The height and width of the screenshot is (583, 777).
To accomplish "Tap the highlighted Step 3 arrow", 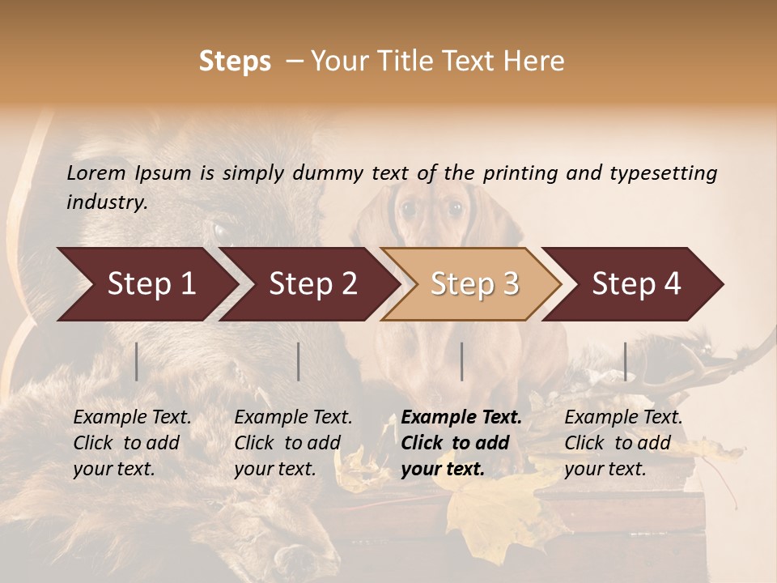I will click(x=474, y=284).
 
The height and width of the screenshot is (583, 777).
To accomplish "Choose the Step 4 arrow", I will click(x=636, y=284).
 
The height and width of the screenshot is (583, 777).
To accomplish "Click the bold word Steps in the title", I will click(x=235, y=62).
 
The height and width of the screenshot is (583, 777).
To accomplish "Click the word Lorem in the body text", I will click(x=96, y=172).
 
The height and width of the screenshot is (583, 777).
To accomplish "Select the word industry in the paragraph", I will click(x=106, y=202).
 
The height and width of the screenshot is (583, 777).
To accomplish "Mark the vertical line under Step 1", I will click(x=137, y=361).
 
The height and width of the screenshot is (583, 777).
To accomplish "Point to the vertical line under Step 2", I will click(x=299, y=361).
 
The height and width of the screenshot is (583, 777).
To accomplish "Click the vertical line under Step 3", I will click(x=461, y=361).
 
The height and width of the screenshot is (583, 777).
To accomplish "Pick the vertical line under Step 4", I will click(x=625, y=361).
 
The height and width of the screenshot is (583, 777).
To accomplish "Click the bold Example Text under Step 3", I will click(x=461, y=418).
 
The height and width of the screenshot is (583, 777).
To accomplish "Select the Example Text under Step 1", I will click(x=132, y=418).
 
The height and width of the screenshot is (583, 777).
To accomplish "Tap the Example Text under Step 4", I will click(x=623, y=418).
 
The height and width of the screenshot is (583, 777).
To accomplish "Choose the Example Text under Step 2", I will click(x=293, y=418).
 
